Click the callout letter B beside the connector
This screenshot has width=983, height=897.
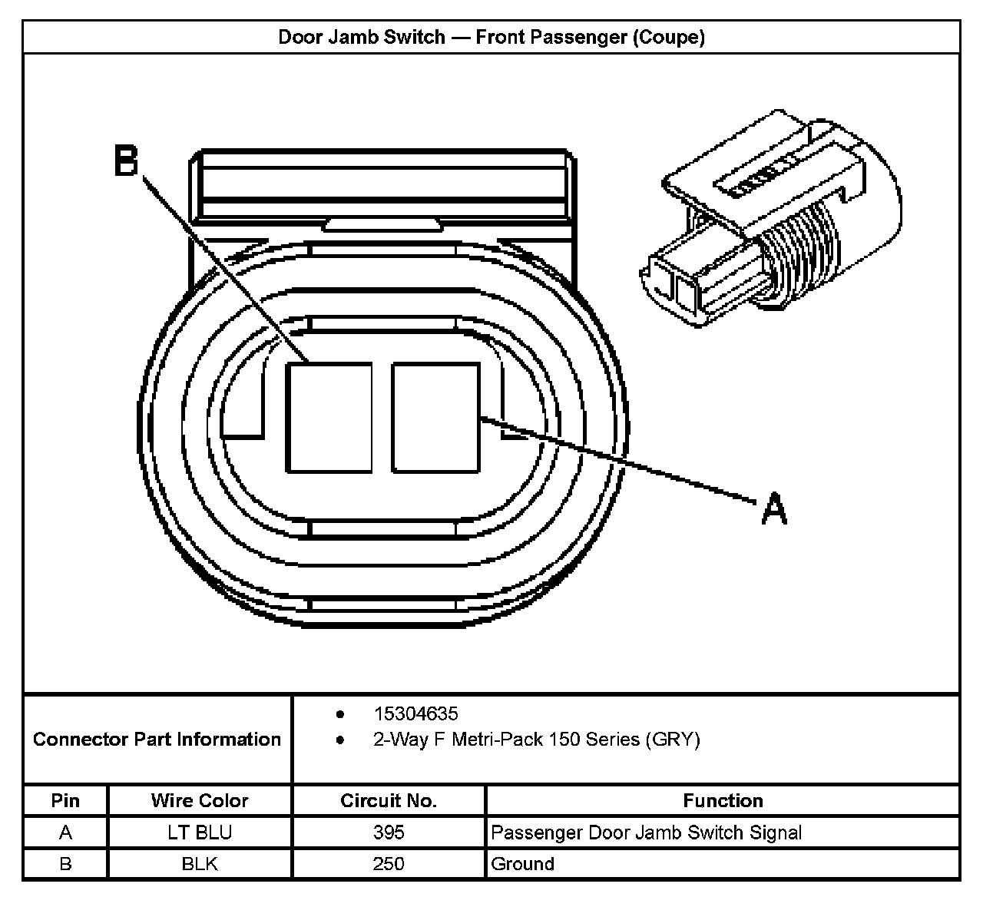click(x=126, y=162)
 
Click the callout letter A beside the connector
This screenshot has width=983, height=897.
click(x=774, y=510)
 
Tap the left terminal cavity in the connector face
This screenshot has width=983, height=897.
click(x=329, y=417)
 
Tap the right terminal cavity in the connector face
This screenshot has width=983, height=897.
click(x=435, y=417)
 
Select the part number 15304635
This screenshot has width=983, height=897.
click(x=415, y=713)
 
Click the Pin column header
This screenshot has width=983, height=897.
click(x=65, y=800)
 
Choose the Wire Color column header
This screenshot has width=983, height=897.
click(x=200, y=800)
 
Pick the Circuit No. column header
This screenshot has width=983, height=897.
click(x=389, y=800)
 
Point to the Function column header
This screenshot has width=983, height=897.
click(x=723, y=800)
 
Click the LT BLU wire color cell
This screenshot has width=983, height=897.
click(x=200, y=832)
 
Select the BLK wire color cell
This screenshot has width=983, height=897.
click(x=200, y=864)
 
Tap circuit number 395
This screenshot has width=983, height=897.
click(x=389, y=832)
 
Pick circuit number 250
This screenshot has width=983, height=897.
click(x=389, y=864)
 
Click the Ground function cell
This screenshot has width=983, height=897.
click(x=522, y=864)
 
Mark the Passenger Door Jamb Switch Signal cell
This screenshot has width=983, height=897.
click(x=646, y=832)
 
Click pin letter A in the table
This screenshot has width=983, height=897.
click(x=65, y=832)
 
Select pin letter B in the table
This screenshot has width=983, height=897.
click(x=65, y=864)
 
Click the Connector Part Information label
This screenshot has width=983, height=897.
click(x=157, y=740)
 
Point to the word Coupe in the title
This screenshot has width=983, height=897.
click(x=667, y=37)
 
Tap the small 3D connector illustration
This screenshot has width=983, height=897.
click(x=768, y=223)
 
